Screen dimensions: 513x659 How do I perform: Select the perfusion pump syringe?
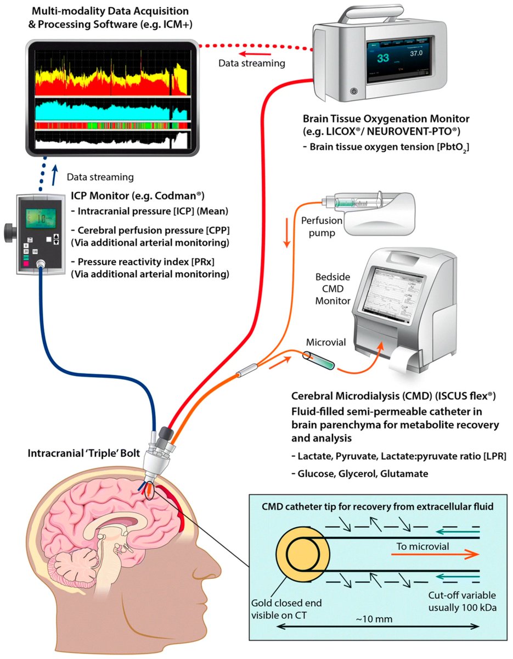[351, 203]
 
